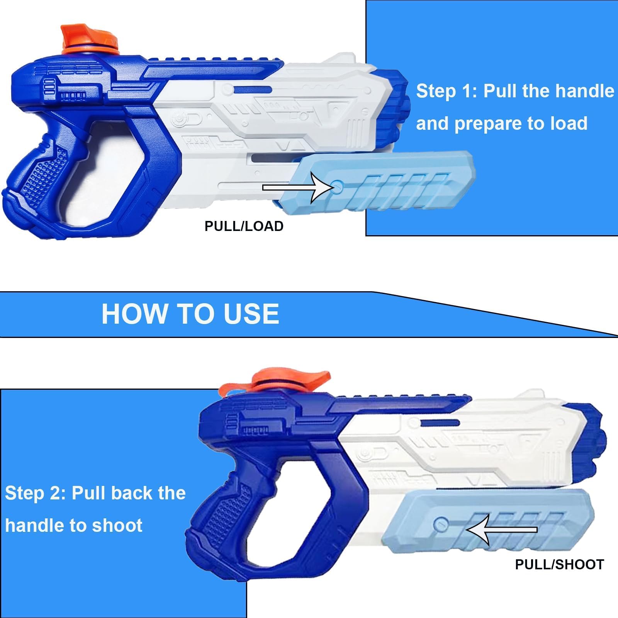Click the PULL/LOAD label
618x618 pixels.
[x=244, y=226]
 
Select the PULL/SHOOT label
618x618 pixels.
[x=559, y=565]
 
